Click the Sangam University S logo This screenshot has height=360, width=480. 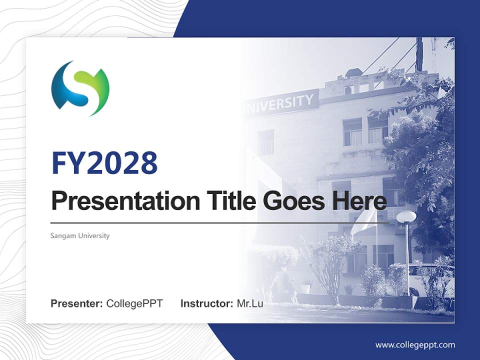(x=80, y=88)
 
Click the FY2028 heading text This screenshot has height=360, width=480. (x=104, y=162)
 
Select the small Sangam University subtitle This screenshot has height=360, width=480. (x=80, y=235)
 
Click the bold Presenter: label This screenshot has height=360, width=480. (x=77, y=303)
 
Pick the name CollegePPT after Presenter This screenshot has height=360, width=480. (x=134, y=303)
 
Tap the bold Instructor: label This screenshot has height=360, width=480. (x=206, y=303)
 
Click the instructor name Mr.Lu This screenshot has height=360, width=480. (x=250, y=303)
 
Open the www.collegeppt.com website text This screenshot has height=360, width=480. (x=415, y=344)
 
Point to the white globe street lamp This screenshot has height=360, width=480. (x=406, y=216)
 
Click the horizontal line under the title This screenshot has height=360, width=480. (x=220, y=222)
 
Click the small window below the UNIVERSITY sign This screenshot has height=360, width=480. (x=265, y=142)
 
